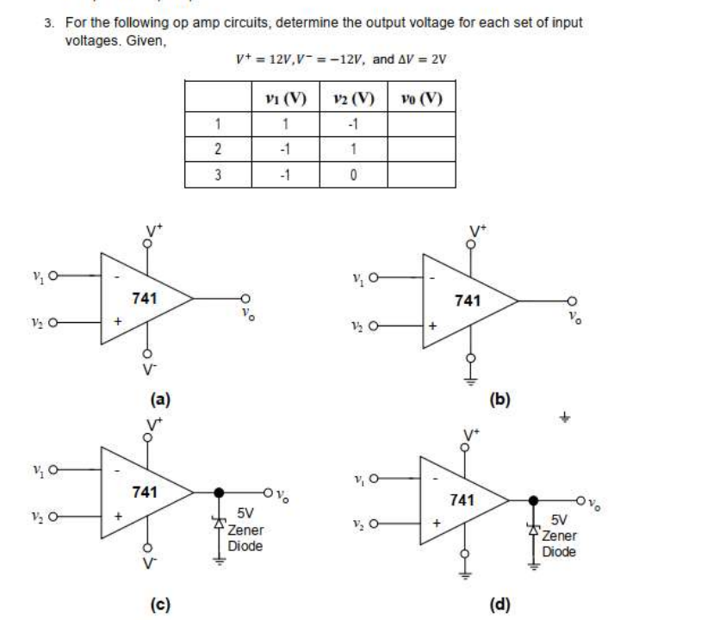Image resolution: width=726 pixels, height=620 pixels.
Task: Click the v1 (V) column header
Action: [x=284, y=96]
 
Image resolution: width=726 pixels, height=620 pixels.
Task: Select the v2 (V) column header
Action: [x=352, y=96]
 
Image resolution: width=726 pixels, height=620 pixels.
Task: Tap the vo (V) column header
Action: [x=421, y=96]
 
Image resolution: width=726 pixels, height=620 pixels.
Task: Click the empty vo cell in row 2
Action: [x=421, y=147]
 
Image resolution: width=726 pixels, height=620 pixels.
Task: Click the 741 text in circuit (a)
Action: [x=144, y=298]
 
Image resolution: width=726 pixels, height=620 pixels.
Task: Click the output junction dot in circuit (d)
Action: [x=534, y=500]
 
